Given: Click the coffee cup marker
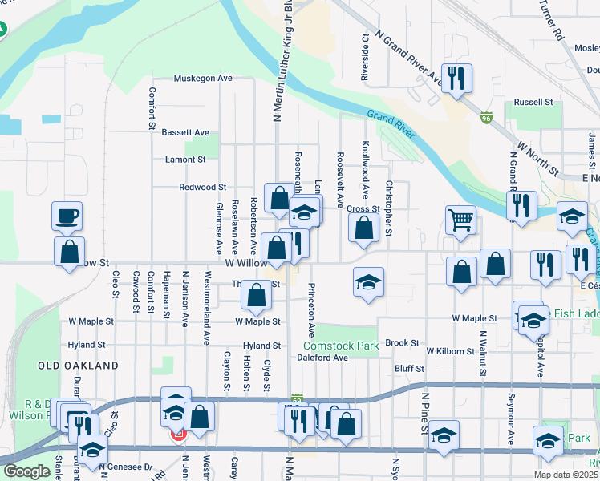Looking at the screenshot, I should point(67,216).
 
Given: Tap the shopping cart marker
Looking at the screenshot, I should point(460,219).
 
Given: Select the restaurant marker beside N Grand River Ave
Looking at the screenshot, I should point(457,79).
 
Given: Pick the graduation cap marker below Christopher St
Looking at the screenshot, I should point(368,282).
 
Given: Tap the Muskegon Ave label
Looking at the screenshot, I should point(204,79).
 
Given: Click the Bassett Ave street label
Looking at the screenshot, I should point(185,132).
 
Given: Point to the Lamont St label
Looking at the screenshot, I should point(185,160).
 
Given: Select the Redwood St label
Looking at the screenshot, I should point(202,187).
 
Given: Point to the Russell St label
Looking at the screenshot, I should point(534,103).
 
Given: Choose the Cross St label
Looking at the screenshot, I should point(363,208).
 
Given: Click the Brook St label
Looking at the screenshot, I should point(402,342).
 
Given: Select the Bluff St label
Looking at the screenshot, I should point(409,369).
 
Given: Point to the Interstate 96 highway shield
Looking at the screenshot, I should point(487,118).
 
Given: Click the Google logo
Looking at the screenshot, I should point(26,471).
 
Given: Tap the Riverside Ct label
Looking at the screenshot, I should point(365,59).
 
